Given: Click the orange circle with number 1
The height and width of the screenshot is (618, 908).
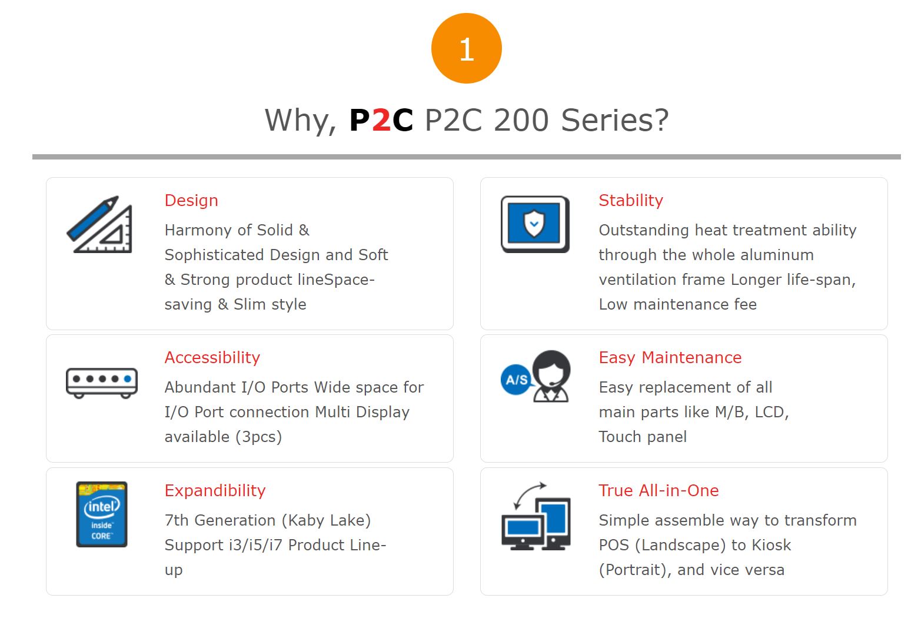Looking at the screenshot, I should [x=466, y=48].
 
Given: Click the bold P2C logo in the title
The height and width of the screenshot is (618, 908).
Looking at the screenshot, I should [x=381, y=120].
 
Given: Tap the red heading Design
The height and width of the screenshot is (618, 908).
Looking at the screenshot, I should [x=191, y=201].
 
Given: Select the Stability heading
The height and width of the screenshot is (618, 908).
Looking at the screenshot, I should [x=631, y=201].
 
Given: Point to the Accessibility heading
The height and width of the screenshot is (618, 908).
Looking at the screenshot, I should [x=212, y=358].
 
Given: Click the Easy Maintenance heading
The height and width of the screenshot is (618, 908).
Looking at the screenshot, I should [x=670, y=358].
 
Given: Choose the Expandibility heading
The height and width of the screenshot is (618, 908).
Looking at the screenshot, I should [x=215, y=491].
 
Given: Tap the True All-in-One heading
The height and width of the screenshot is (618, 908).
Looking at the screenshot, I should [x=659, y=491].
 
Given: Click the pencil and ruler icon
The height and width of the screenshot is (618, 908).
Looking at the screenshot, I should [x=100, y=225].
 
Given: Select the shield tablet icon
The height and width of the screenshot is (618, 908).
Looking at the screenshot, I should [x=535, y=224].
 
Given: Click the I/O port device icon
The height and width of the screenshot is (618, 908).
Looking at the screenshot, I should [x=102, y=382].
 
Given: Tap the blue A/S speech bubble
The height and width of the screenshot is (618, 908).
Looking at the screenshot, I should [x=516, y=380].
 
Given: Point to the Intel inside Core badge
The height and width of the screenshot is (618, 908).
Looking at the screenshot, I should [x=102, y=514].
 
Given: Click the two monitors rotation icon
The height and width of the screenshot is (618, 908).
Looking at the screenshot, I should [x=536, y=517].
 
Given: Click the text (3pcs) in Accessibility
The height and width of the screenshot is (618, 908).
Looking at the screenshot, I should [x=262, y=437].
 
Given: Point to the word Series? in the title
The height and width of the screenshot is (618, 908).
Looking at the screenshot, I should [x=615, y=120].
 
